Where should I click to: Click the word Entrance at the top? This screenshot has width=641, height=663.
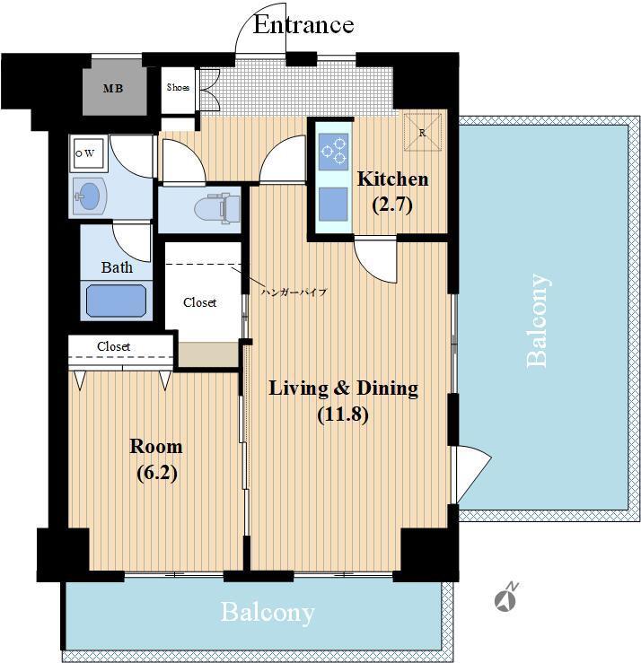coord(303,24)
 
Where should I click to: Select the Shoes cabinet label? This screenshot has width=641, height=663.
coord(178,88)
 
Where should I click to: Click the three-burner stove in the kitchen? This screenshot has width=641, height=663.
coord(334,152)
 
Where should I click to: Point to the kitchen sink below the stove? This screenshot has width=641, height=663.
coord(333,205)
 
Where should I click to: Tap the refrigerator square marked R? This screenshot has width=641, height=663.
coord(422,132)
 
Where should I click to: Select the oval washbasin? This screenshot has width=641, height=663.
coord(89,196)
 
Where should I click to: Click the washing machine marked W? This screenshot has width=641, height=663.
coord(88,153)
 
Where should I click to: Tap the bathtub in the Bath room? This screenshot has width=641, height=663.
coord(117,301)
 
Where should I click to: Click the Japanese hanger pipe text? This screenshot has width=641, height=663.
coord(294,292)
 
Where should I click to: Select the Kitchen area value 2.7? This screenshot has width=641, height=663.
coord(392,205)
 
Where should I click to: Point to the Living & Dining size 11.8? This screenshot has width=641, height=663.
coord(343,414)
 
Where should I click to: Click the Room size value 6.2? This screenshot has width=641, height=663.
coord(157,473)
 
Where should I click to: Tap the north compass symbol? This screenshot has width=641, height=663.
coord(506,597)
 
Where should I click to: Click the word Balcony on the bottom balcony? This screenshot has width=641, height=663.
coord(268,613)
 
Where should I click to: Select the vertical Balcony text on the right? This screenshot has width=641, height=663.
coord(538,321)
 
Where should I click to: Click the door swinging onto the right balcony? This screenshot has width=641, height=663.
coord(471,474)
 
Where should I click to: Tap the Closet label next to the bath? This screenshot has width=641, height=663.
coord(199,302)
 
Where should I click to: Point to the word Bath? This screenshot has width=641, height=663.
coord(117,267)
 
